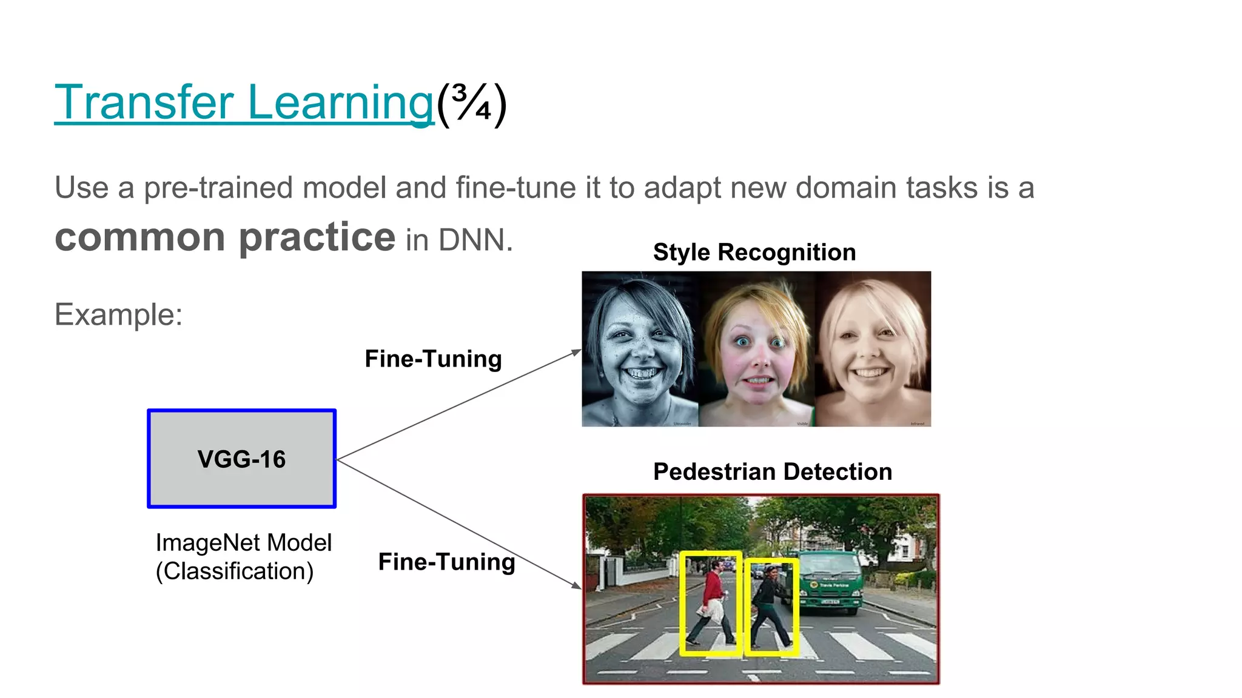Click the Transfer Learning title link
[244, 103]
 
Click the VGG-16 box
[241, 459]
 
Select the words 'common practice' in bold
[225, 237]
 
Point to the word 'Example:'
[118, 314]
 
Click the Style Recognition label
[754, 252]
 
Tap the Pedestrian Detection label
[772, 471]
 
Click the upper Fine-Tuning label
[433, 359]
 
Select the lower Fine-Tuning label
[446, 562]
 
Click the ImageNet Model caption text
[243, 542]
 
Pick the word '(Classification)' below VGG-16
[234, 571]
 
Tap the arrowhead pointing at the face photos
[577, 352]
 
